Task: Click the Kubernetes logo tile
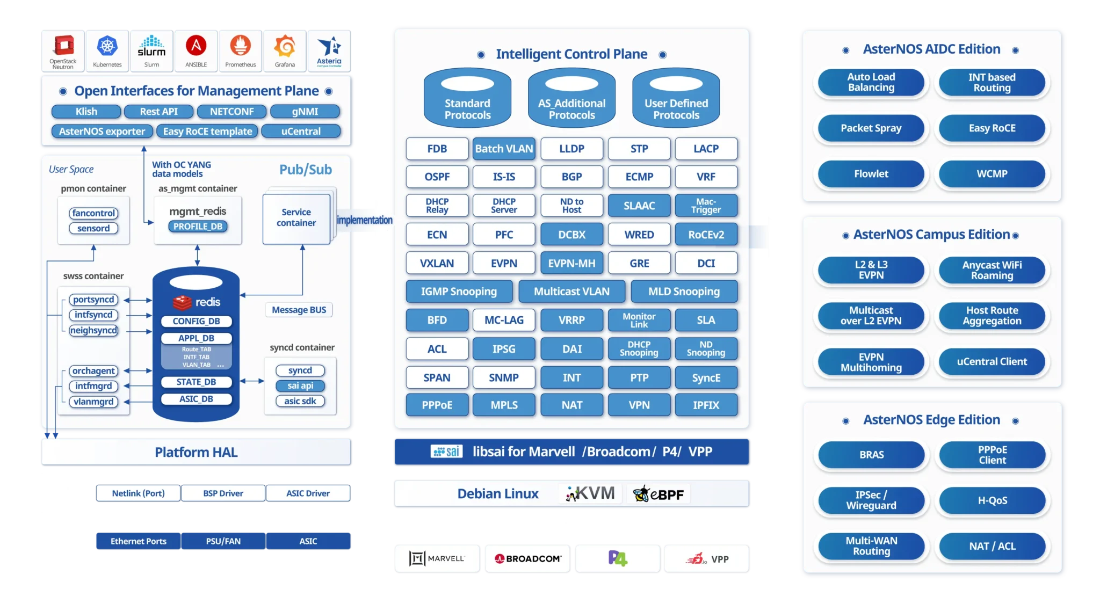click(x=107, y=50)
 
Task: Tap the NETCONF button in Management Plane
click(x=231, y=112)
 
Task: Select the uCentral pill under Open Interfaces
click(x=301, y=132)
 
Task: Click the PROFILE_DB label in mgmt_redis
click(x=198, y=227)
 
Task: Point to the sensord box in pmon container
click(x=93, y=228)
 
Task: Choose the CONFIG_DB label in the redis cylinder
click(x=196, y=321)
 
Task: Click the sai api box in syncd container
click(x=300, y=385)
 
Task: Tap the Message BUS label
click(x=299, y=310)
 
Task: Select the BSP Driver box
click(x=223, y=493)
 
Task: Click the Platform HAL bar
click(x=196, y=452)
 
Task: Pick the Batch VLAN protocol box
click(x=504, y=149)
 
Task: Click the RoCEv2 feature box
click(x=706, y=235)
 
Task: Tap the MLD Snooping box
click(x=683, y=292)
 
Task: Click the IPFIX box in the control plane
click(x=706, y=405)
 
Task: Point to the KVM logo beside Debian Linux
click(x=590, y=493)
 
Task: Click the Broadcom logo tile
click(x=527, y=559)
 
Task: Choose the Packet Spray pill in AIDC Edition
click(x=871, y=128)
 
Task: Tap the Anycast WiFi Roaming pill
click(x=992, y=270)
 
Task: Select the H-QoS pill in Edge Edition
click(x=992, y=500)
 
